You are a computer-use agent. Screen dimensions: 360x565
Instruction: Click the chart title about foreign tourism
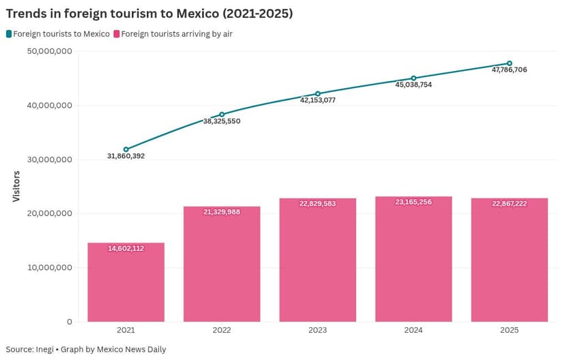point(149,13)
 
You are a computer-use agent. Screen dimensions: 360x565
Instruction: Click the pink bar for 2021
point(126,282)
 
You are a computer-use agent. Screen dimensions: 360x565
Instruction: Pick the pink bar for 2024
point(414,259)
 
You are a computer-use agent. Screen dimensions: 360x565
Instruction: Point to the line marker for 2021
point(126,149)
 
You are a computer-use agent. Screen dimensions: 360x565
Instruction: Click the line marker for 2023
point(317,93)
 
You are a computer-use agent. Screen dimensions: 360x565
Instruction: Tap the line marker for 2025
point(509,63)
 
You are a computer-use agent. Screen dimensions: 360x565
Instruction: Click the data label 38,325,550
point(222,121)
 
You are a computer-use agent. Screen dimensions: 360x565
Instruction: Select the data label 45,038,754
point(414,85)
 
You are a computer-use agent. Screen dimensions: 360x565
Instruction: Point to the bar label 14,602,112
point(126,249)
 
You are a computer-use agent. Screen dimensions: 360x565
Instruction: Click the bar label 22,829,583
point(317,204)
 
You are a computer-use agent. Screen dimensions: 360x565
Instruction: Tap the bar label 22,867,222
point(509,204)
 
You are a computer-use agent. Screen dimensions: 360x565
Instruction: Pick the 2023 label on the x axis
point(317,331)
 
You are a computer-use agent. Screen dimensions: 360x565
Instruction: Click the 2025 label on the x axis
point(509,331)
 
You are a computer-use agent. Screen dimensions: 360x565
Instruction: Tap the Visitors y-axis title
point(16,186)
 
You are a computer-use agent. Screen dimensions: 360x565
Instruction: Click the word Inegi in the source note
point(48,349)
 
